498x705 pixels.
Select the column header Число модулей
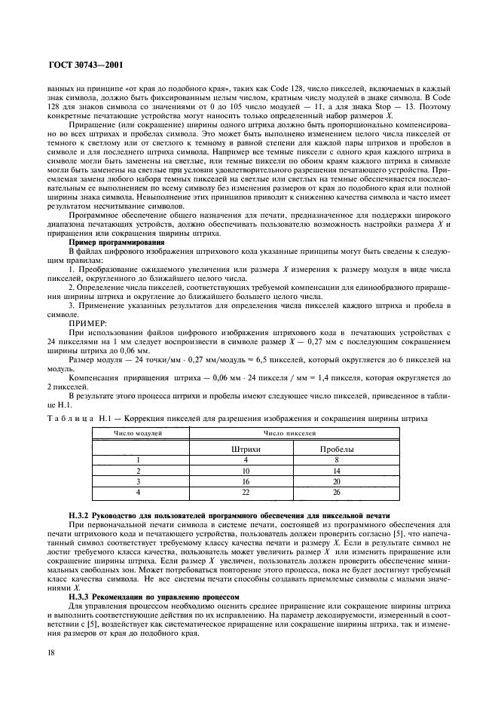click(x=139, y=433)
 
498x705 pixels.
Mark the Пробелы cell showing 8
click(x=337, y=458)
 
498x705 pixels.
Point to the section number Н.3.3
click(x=80, y=595)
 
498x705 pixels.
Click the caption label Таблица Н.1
click(x=72, y=417)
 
